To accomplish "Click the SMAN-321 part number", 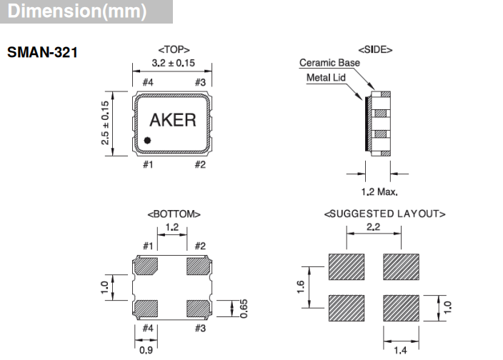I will click(42, 53).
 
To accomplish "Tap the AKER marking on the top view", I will click(172, 119).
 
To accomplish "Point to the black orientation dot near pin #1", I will click(147, 140).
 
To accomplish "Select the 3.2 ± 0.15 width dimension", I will click(172, 64).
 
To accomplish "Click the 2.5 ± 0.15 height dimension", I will click(106, 124).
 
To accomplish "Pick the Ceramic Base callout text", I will click(329, 63).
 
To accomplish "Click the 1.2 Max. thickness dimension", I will click(379, 191).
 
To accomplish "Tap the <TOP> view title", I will click(172, 50).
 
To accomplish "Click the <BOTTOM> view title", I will click(174, 214).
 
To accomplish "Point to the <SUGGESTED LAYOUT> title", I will click(385, 214).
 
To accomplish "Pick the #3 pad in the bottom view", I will click(197, 309).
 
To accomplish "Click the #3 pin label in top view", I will click(200, 82).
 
